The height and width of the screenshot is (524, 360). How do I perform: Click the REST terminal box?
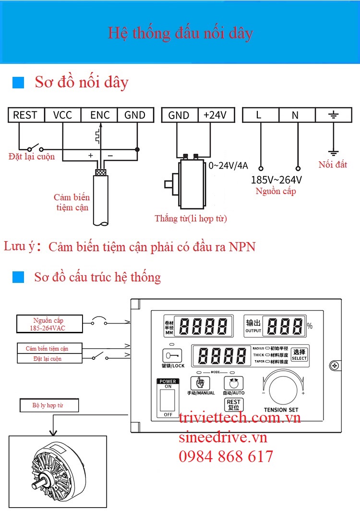point(25,115)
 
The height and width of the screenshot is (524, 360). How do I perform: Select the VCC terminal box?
point(62,115)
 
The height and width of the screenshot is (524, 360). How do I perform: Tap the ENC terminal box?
point(99,115)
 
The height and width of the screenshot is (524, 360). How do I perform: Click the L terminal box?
point(260,115)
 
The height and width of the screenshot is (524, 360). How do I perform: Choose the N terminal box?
point(296,115)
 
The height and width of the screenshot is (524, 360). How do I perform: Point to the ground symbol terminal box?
point(333,115)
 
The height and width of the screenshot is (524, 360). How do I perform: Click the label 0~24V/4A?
point(228,166)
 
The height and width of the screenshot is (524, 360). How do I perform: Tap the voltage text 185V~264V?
point(276,180)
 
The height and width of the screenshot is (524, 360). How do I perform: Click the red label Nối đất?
point(333,165)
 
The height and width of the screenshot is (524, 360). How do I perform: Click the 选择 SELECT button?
point(299,354)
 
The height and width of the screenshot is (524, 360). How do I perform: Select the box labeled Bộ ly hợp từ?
point(48,405)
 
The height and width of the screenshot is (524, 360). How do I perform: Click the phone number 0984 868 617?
point(226,456)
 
